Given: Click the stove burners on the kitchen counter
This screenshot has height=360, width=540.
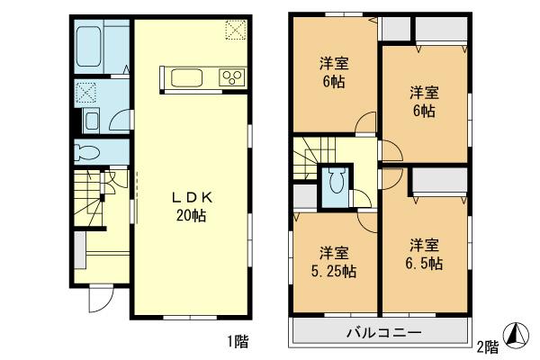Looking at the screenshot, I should point(231,76).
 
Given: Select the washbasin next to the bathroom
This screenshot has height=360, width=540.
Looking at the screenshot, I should point(91,121).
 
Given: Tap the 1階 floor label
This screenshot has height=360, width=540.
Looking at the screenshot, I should point(238,341).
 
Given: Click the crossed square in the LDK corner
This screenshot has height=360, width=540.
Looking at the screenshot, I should point(235,31).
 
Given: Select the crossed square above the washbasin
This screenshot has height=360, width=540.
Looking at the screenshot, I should point(87,93).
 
